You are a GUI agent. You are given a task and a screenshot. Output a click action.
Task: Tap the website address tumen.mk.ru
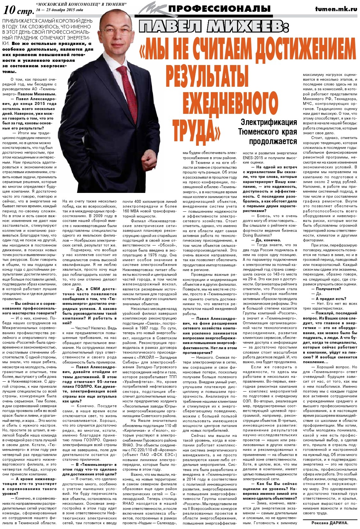click(x=336, y=9)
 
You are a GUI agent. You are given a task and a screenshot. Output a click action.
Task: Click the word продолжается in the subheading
click(x=273, y=141)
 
